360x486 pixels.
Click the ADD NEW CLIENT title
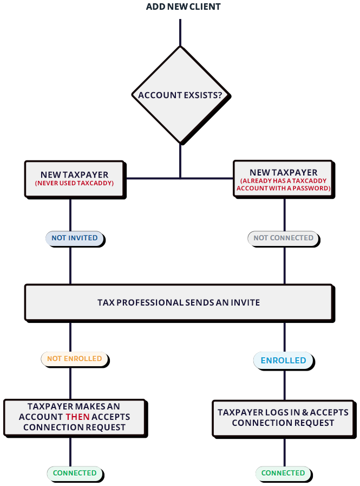pyautogui.click(x=183, y=7)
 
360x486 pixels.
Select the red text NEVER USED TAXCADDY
pyautogui.click(x=74, y=184)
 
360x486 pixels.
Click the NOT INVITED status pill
pyautogui.click(x=75, y=238)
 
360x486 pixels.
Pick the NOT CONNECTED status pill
pyautogui.click(x=283, y=238)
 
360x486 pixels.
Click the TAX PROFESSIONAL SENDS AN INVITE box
pyautogui.click(x=179, y=302)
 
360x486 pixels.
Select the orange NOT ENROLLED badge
pyautogui.click(x=75, y=359)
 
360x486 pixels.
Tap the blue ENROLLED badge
pyautogui.click(x=283, y=360)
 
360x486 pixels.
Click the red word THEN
pyautogui.click(x=77, y=417)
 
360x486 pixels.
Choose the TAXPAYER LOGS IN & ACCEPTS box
pyautogui.click(x=283, y=418)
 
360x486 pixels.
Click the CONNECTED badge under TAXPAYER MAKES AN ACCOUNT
pyautogui.click(x=75, y=473)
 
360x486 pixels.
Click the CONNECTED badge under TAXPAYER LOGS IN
pyautogui.click(x=283, y=473)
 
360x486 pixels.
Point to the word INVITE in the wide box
pyautogui.click(x=246, y=302)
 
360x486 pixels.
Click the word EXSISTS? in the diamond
pyautogui.click(x=204, y=95)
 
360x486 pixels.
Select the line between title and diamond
pyautogui.click(x=180, y=33)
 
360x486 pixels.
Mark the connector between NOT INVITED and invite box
pyautogui.click(x=70, y=265)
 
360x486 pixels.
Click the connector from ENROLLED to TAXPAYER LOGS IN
pyautogui.click(x=285, y=385)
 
